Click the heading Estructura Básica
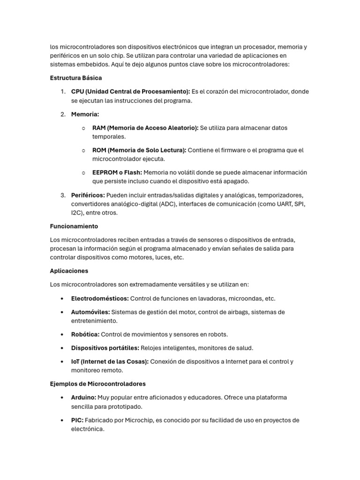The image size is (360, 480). coord(76,78)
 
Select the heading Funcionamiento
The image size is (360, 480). coord(74,226)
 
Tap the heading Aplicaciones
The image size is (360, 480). coord(69,271)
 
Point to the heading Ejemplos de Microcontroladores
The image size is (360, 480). coord(97,384)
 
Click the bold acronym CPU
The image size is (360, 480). coord(78,91)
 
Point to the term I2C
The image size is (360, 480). coord(76,213)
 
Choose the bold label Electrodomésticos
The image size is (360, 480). coord(100,299)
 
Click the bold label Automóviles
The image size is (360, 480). coord(90,312)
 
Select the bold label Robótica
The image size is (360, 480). coord(85,335)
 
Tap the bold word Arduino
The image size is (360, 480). coord(83,397)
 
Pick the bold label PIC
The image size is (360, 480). coord(77,420)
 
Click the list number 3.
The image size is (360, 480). coord(62,195)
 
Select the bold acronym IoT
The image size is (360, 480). coord(76,361)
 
